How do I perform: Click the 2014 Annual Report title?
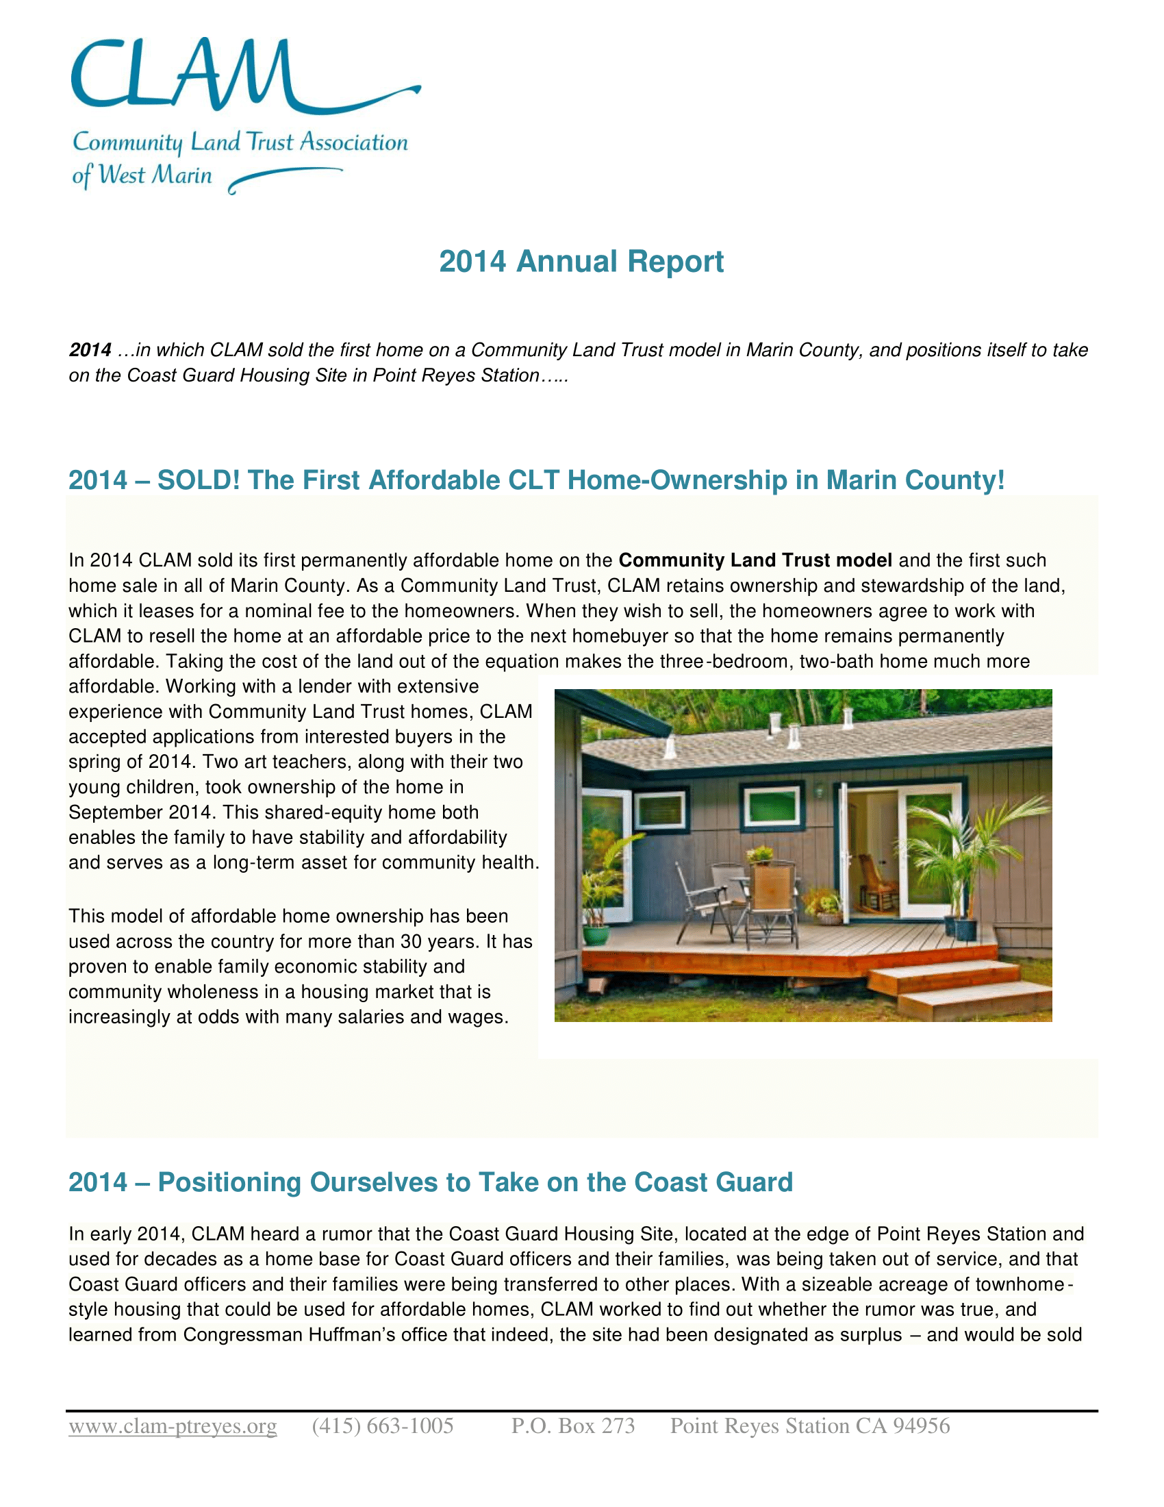tap(581, 262)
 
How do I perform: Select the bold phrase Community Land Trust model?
tap(755, 560)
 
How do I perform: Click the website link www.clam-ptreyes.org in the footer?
tap(173, 1425)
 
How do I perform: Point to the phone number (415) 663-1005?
tap(383, 1425)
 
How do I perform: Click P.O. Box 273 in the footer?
tap(573, 1425)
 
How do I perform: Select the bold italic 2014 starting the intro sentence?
tap(90, 350)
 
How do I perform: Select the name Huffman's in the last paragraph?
tap(351, 1335)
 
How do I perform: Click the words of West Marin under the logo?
tap(142, 175)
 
